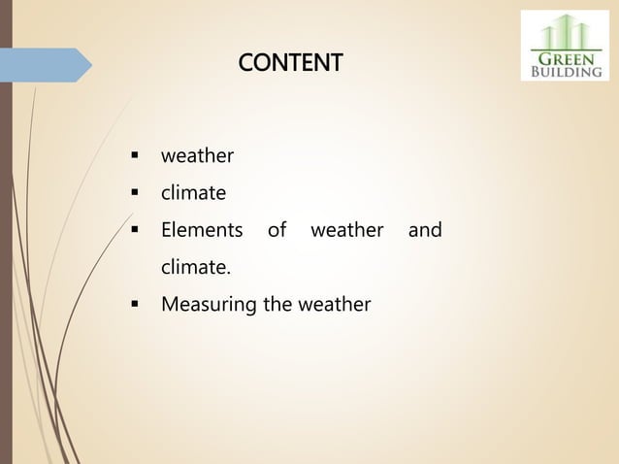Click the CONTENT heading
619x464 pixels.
click(290, 64)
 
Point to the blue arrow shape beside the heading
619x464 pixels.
click(46, 64)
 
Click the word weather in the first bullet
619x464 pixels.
click(197, 155)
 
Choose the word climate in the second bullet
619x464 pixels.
click(193, 193)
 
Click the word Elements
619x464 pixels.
click(202, 231)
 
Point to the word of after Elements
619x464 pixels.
click(277, 231)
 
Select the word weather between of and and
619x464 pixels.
click(346, 231)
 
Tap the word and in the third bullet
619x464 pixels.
click(425, 231)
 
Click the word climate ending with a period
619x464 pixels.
click(196, 268)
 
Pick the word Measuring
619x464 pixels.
click(209, 306)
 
